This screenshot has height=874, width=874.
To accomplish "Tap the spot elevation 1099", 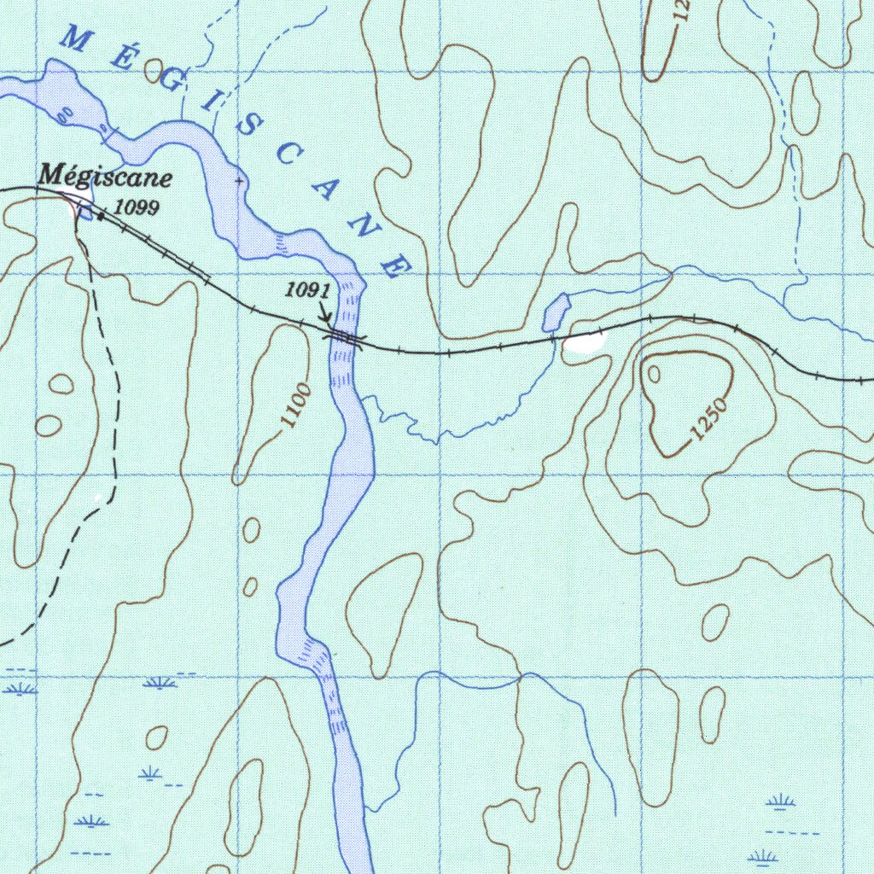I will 137,207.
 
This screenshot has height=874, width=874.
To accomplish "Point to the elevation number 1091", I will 307,291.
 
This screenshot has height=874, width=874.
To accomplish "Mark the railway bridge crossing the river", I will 346,339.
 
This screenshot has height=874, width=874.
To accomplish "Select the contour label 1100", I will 296,407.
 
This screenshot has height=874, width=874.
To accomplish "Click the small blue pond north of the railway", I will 556,312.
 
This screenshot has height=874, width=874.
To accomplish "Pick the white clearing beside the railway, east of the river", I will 583,343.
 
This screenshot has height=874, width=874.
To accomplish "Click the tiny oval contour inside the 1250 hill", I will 655,373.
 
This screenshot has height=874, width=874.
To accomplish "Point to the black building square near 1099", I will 102,216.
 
